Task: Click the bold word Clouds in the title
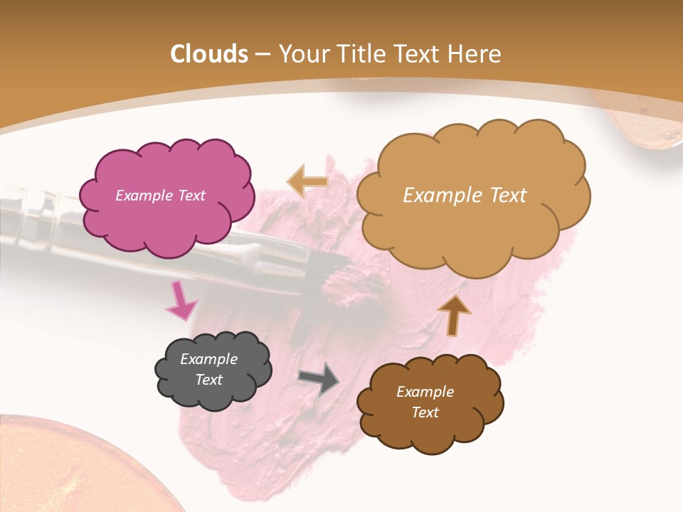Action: coord(208,54)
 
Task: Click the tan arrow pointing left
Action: coord(308,181)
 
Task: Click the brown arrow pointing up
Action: coord(454,315)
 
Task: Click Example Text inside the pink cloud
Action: coord(160,196)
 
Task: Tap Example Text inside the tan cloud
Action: coord(465,196)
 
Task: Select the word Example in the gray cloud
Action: coord(208,359)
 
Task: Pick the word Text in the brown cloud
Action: coord(425,412)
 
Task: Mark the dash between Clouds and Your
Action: coord(263,55)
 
